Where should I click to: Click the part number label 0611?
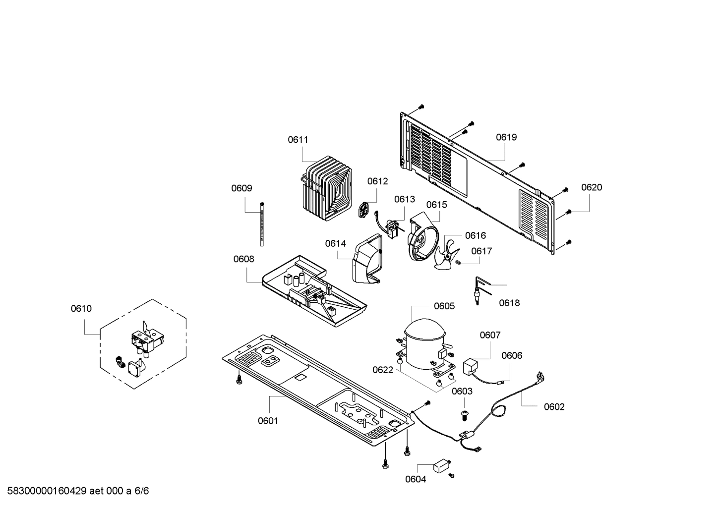(298, 140)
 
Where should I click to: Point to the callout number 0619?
(506, 137)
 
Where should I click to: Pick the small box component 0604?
(441, 466)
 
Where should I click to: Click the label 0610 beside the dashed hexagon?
(81, 309)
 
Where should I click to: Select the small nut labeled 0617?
(459, 262)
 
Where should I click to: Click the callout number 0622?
(383, 370)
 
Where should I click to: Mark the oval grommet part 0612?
(364, 210)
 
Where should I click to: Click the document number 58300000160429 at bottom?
(45, 491)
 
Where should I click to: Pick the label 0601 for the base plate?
(268, 421)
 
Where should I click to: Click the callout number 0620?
(592, 187)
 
